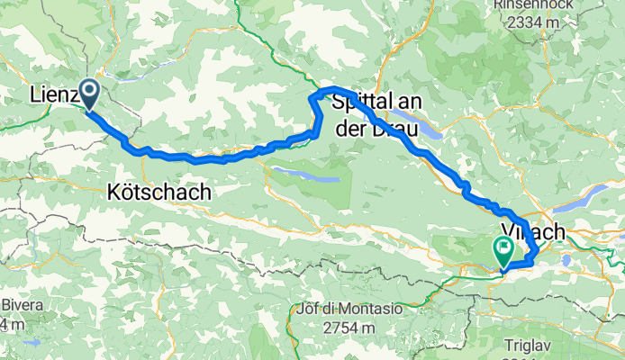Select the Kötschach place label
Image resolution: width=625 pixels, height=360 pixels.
click(158, 192)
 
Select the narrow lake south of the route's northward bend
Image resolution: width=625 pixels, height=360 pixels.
click(305, 173)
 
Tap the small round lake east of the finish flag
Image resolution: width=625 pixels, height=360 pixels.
click(568, 261)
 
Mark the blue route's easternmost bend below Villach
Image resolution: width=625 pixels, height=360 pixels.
click(538, 251)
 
